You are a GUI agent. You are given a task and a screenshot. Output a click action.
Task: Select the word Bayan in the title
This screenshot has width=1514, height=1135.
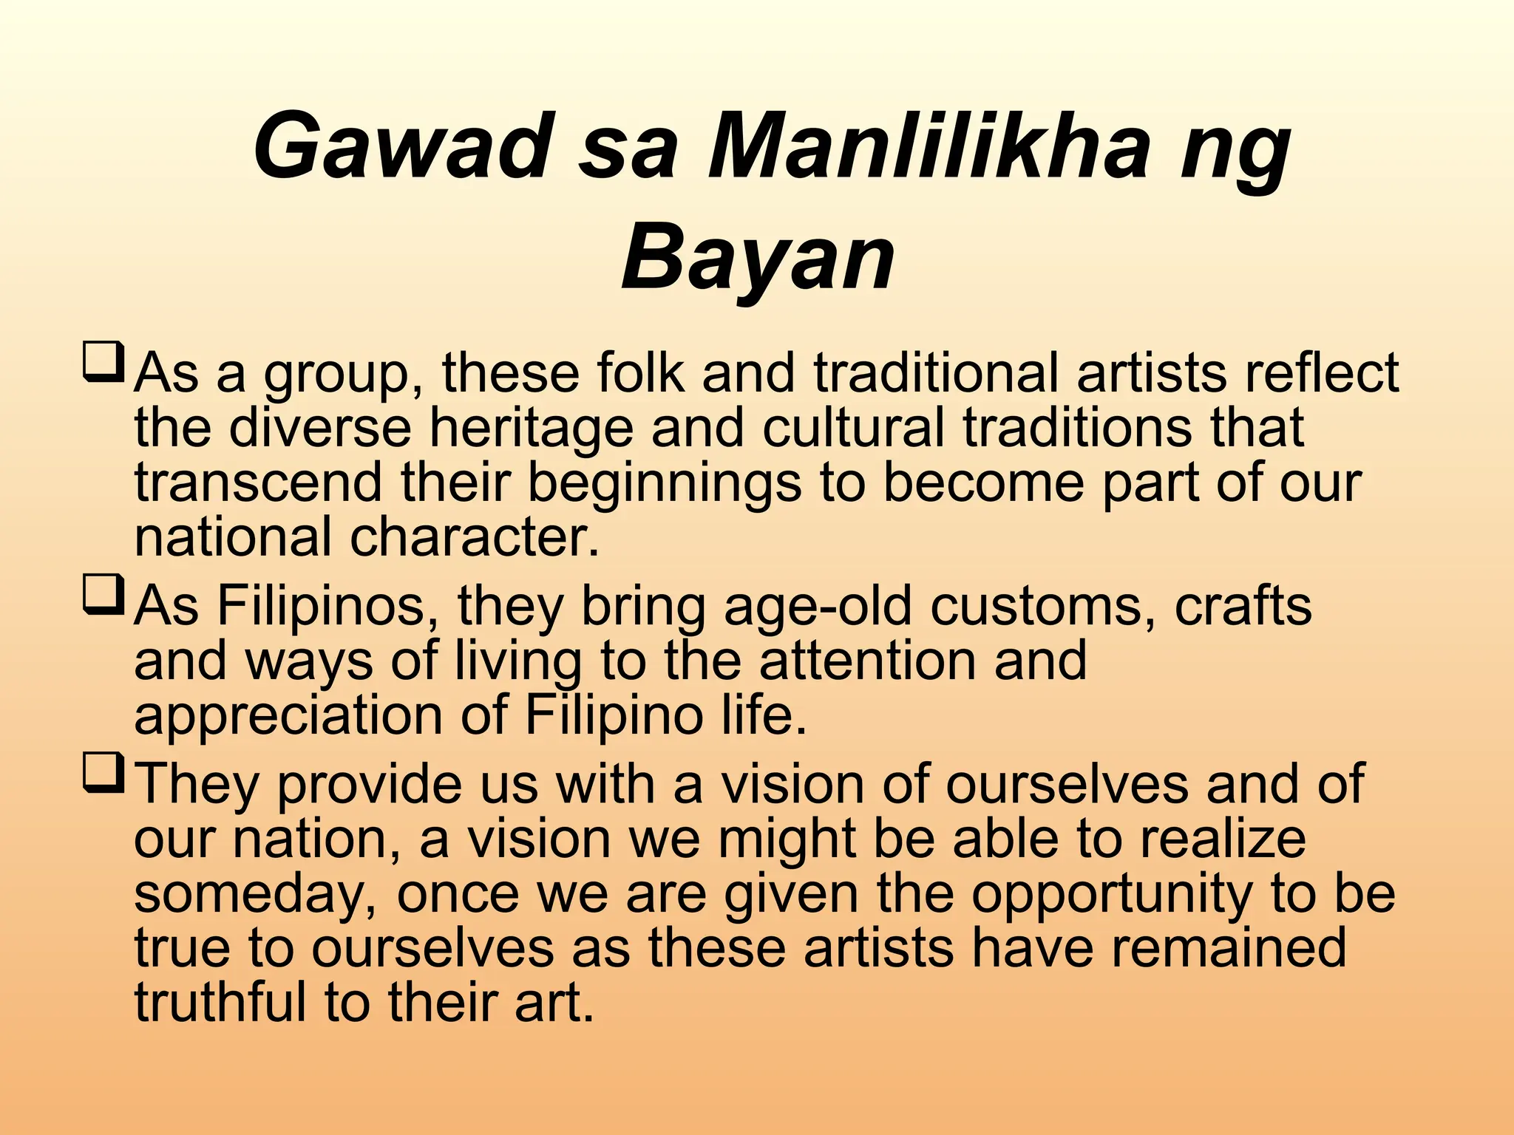pyautogui.click(x=758, y=258)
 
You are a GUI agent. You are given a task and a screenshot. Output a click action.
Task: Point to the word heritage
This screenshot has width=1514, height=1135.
pyautogui.click(x=531, y=429)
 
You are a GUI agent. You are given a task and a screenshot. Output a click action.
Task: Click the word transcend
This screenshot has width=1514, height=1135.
pyautogui.click(x=258, y=483)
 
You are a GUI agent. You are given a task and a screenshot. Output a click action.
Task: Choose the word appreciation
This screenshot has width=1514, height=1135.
pyautogui.click(x=288, y=715)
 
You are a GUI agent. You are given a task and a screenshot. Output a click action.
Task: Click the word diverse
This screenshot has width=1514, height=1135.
pyautogui.click(x=319, y=428)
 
